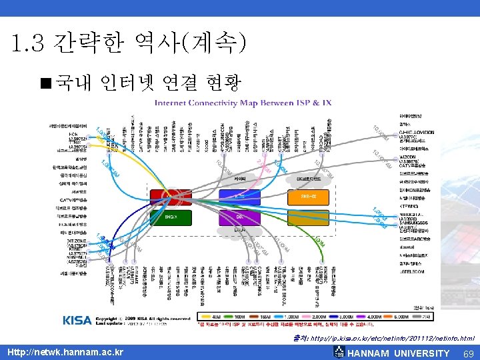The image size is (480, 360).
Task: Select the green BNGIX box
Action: [169, 217]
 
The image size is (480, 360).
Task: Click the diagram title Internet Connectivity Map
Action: [243, 103]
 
